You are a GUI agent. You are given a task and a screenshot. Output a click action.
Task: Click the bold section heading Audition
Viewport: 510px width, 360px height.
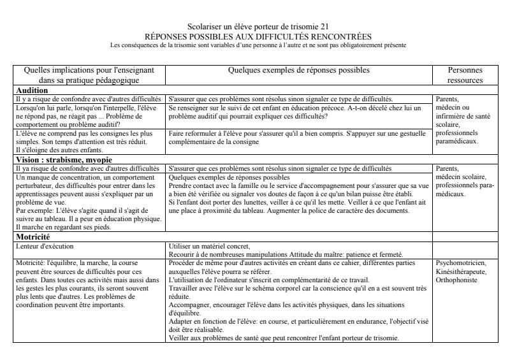pos(32,90)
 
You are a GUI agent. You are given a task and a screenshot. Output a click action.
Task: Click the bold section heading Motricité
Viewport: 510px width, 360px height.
pos(34,236)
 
